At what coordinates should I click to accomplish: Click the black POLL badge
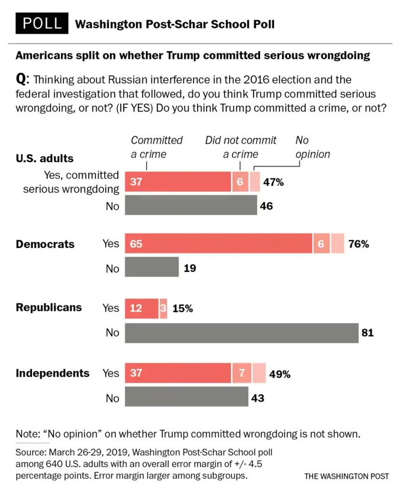pos(41,24)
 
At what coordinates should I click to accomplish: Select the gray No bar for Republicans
pos(241,333)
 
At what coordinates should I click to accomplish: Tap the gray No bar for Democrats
pos(152,268)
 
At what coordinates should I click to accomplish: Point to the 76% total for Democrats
pos(358,244)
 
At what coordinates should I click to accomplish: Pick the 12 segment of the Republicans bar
pos(141,308)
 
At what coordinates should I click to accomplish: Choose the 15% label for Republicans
pos(182,308)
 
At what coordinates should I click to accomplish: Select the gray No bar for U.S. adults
pos(191,206)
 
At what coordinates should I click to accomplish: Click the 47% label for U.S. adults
pos(273,182)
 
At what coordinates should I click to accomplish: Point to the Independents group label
pos(52,373)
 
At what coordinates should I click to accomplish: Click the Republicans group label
pos(48,307)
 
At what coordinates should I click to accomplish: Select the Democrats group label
pos(45,244)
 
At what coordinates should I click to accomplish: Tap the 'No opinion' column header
pos(312,147)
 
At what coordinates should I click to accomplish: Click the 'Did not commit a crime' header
pos(241,147)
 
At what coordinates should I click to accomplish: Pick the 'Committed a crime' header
pos(156,147)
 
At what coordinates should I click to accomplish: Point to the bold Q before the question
pos(21,79)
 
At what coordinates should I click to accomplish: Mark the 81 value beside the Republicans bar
pos(367,333)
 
